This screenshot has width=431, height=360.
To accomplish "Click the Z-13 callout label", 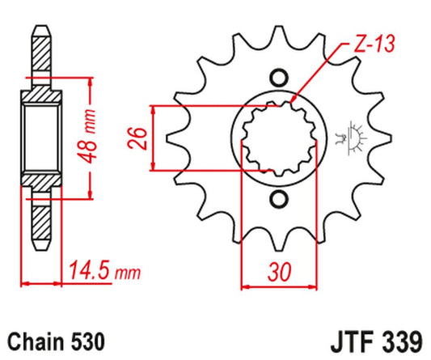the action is pos(374,44).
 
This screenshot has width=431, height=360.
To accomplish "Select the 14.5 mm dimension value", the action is pos(104,271).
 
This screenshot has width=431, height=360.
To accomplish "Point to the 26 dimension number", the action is pos(137,138).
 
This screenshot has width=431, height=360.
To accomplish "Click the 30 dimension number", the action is pos(280,272).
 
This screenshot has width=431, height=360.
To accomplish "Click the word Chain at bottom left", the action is pos(35,341).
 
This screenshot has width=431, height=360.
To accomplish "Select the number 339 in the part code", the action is pos(401,341).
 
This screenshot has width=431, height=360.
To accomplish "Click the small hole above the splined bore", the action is pos(279,78).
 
